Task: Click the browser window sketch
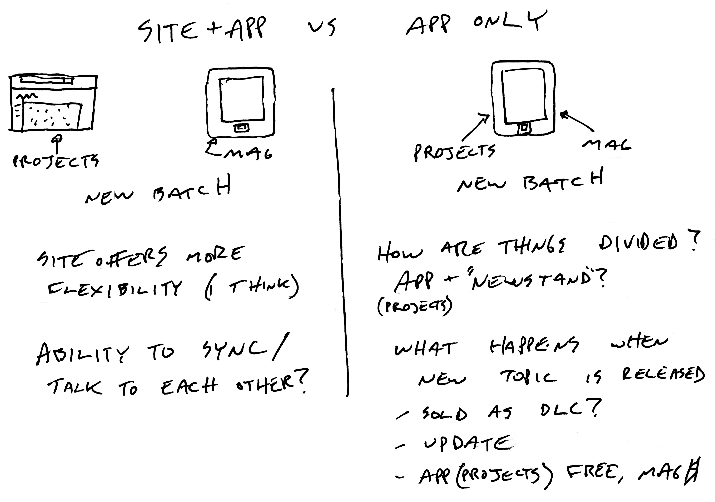point(53,103)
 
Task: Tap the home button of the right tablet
point(524,128)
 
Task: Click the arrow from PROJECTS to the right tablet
point(475,128)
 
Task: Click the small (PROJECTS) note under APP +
point(414,307)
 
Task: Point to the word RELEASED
point(663,375)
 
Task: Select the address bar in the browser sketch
point(47,80)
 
